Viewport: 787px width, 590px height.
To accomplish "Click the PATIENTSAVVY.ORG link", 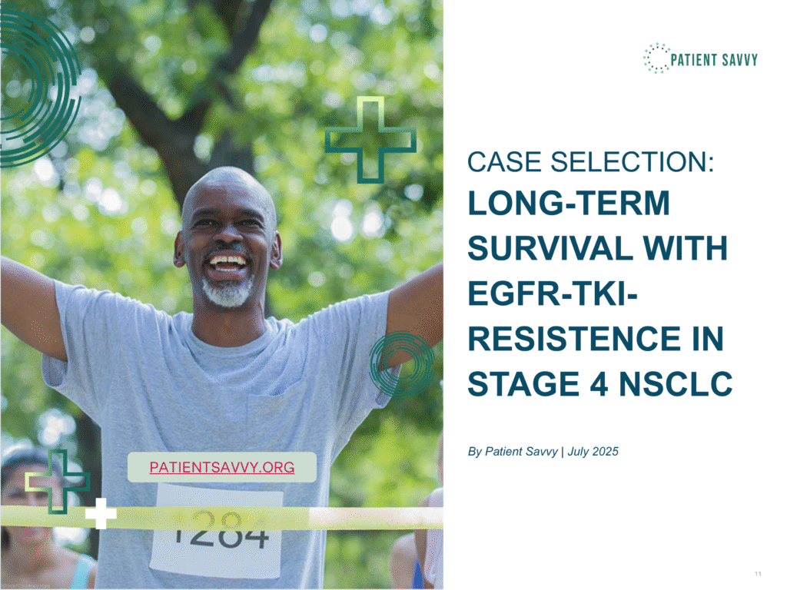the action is pyautogui.click(x=222, y=467).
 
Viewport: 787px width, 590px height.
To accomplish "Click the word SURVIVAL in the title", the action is pyautogui.click(x=550, y=248).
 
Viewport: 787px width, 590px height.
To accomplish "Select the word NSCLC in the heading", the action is pyautogui.click(x=676, y=384).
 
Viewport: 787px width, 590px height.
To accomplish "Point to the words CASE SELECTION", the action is pyautogui.click(x=591, y=162).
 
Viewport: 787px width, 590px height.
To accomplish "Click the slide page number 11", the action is pyautogui.click(x=758, y=573).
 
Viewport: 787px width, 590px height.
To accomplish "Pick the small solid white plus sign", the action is pyautogui.click(x=101, y=513).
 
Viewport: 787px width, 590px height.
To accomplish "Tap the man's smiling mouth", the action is pyautogui.click(x=227, y=264).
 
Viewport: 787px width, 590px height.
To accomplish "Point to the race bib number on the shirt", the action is pyautogui.click(x=221, y=529).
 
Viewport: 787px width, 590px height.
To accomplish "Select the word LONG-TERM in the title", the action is pyautogui.click(x=569, y=203).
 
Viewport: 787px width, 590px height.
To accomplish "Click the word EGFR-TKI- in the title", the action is pyautogui.click(x=553, y=294).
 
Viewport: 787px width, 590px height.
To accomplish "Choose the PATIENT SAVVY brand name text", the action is pyautogui.click(x=714, y=60).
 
